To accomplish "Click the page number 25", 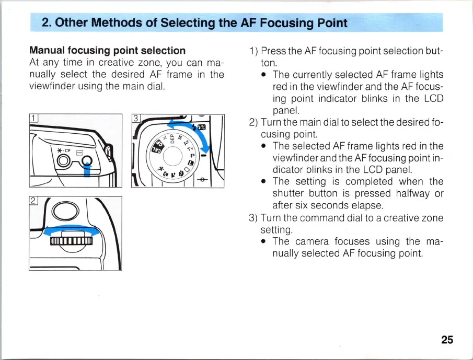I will pyautogui.click(x=446, y=340).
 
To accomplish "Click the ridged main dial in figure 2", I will pyautogui.click(x=71, y=240).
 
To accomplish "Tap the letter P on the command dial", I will pyautogui.click(x=192, y=156).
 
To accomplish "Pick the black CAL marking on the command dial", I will pyautogui.click(x=155, y=149).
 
